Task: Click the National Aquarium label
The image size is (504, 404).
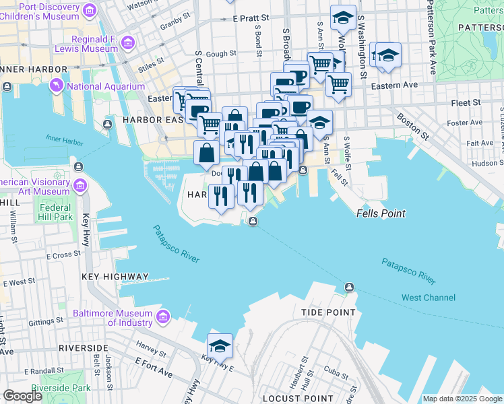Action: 106,86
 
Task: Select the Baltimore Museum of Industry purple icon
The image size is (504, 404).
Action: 162,316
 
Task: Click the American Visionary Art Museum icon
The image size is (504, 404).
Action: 80,186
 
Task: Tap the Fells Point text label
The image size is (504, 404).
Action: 381,213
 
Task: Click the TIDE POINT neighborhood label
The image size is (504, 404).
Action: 328,312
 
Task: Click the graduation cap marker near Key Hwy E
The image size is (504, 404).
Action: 220,345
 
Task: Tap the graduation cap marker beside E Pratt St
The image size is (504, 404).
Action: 343,18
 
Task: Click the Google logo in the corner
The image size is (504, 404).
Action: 22,396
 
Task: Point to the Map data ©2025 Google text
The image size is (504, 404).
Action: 462,399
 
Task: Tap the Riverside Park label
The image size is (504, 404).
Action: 61,388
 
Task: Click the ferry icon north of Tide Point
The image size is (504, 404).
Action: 349,288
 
